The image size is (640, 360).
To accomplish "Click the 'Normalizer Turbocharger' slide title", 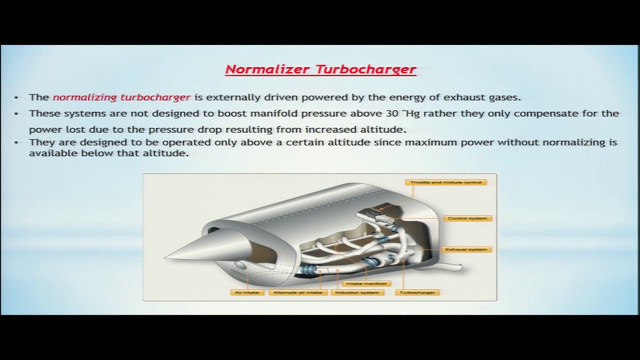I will (x=320, y=69).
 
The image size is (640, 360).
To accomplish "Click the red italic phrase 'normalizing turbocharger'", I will (x=121, y=97).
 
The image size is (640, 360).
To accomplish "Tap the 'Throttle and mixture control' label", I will (x=445, y=182).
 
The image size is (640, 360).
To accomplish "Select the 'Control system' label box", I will (x=467, y=218).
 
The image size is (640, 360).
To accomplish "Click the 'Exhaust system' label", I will (x=465, y=249).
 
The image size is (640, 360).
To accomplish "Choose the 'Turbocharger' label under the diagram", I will (x=417, y=292).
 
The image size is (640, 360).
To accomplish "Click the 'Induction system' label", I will (x=356, y=292).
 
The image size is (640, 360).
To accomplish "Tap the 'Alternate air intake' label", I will (x=297, y=292).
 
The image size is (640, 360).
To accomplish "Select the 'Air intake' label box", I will (x=246, y=292).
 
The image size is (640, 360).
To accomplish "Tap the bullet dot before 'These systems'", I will (x=16, y=113).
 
